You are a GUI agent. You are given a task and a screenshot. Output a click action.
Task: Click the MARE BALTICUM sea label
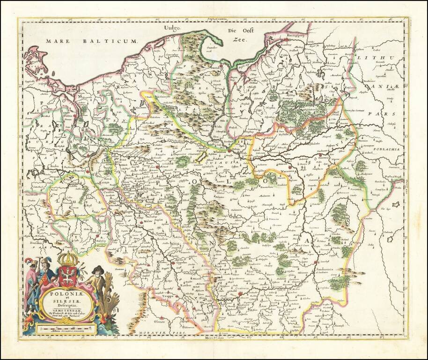(91, 42)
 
